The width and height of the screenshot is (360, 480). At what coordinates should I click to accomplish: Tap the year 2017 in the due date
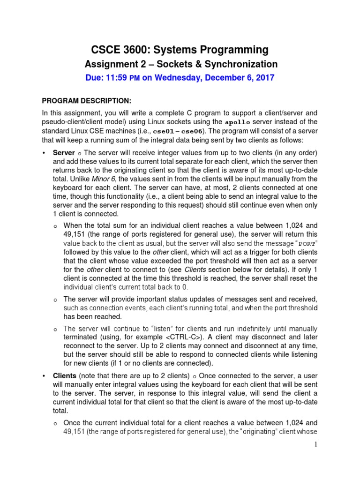click(x=264, y=78)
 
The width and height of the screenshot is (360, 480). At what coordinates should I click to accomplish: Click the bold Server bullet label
click(x=64, y=153)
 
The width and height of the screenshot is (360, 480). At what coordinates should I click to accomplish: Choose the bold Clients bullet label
click(x=65, y=376)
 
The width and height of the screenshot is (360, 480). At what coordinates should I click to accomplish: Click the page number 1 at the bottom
click(x=317, y=444)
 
